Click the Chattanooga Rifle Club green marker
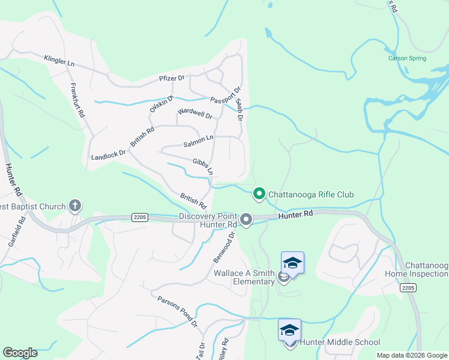tap(259, 194)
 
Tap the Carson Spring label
tap(407, 58)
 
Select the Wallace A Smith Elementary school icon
tap(292, 263)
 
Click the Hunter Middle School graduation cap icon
tap(289, 331)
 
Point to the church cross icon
tap(74, 206)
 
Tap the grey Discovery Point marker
tap(246, 221)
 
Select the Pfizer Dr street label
tap(172, 78)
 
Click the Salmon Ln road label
tap(198, 142)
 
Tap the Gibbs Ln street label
tap(203, 166)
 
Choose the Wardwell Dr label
tap(195, 113)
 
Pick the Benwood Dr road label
tap(222, 252)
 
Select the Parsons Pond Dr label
tap(178, 310)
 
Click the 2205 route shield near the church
tap(139, 217)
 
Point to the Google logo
tap(20, 353)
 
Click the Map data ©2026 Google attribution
tap(412, 355)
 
